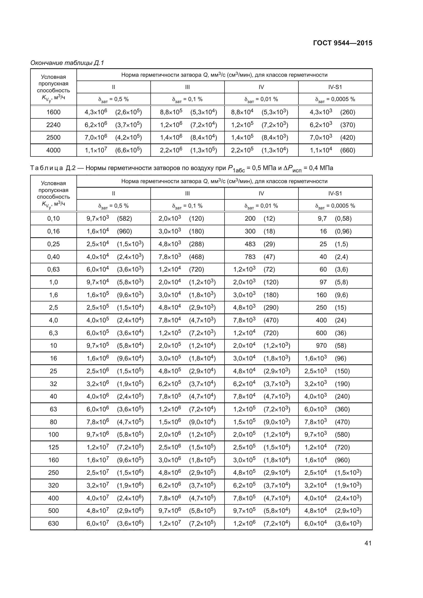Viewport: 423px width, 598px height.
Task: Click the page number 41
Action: [368, 543]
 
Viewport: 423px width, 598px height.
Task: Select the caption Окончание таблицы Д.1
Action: [67, 63]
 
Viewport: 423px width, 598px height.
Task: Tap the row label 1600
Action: [53, 112]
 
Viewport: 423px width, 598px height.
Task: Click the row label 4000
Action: [53, 150]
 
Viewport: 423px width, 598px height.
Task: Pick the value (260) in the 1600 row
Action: [348, 112]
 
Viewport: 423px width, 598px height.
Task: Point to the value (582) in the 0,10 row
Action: [125, 219]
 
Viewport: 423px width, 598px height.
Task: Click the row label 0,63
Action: [53, 269]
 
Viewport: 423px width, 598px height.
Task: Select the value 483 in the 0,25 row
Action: [250, 244]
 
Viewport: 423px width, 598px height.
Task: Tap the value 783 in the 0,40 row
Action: [250, 257]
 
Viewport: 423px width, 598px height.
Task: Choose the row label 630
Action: [53, 524]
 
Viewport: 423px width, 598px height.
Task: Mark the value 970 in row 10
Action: [321, 346]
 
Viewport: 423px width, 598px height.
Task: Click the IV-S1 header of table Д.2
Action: [335, 193]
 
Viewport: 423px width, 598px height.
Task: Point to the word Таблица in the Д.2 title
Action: [47, 168]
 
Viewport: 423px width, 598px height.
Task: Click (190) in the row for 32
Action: [342, 384]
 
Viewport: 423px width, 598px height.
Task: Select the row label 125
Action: [53, 447]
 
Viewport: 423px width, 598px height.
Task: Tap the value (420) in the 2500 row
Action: [348, 138]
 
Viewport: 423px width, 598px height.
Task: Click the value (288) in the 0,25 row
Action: [196, 244]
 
